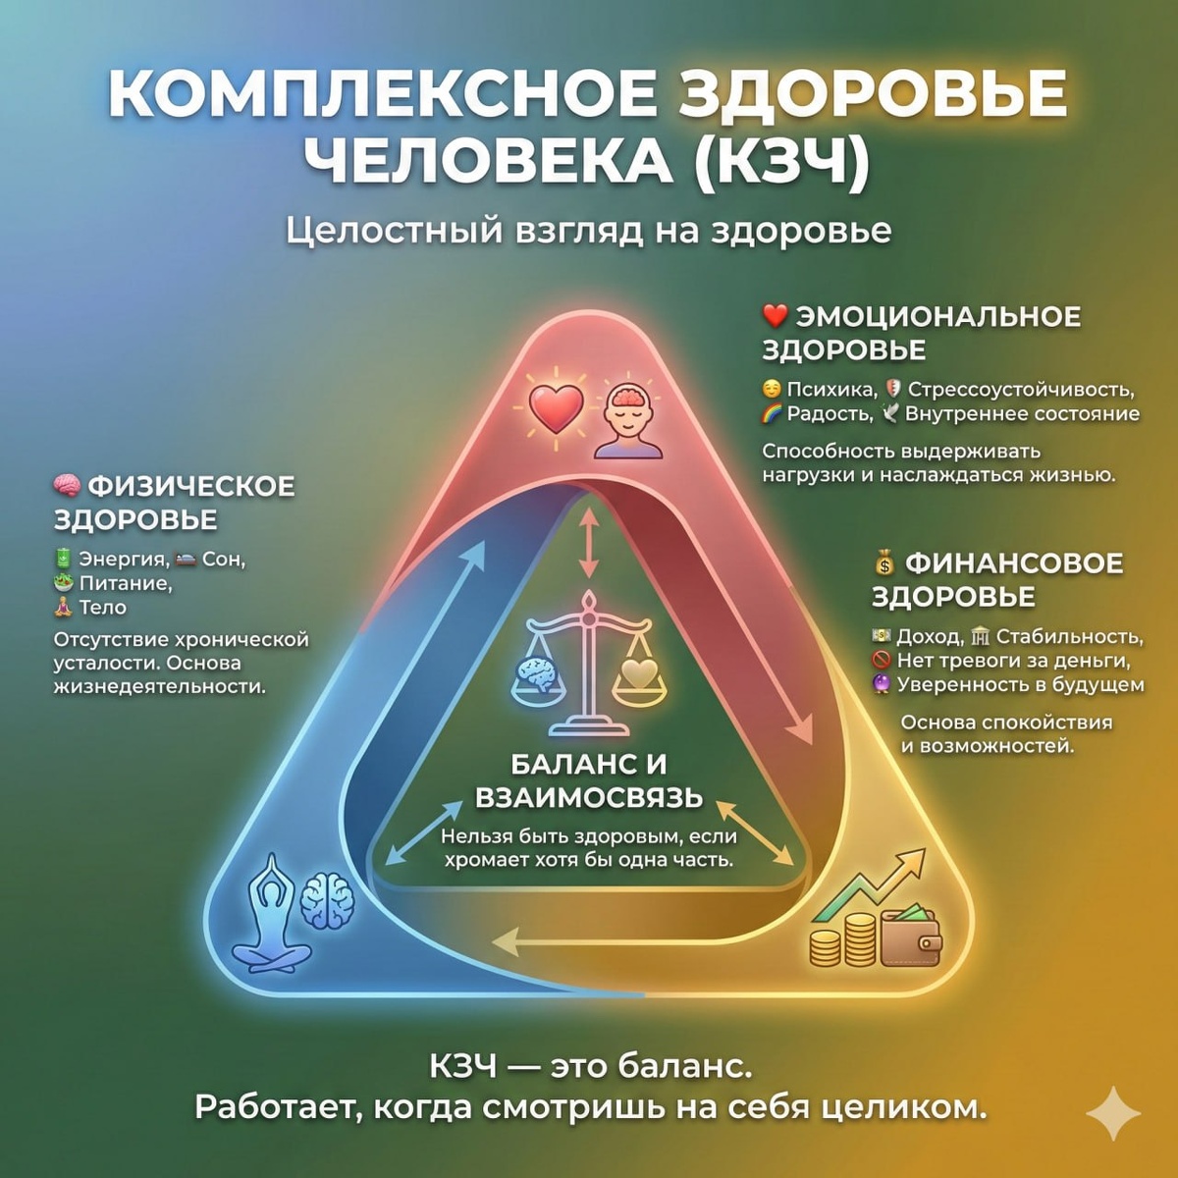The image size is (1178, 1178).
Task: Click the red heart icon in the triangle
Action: (x=556, y=407)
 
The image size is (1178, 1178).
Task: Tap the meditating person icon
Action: (x=271, y=913)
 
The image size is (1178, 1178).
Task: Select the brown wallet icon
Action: (x=910, y=938)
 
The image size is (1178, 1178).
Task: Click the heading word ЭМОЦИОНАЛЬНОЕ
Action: (x=937, y=317)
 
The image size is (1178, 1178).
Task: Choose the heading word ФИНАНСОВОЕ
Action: (x=1013, y=563)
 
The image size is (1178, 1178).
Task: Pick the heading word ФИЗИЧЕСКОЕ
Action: (x=191, y=486)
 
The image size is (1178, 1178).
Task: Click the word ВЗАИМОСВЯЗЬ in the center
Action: (x=589, y=797)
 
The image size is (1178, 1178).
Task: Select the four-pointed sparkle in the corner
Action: (x=1113, y=1115)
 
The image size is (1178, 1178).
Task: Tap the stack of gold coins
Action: (x=844, y=940)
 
